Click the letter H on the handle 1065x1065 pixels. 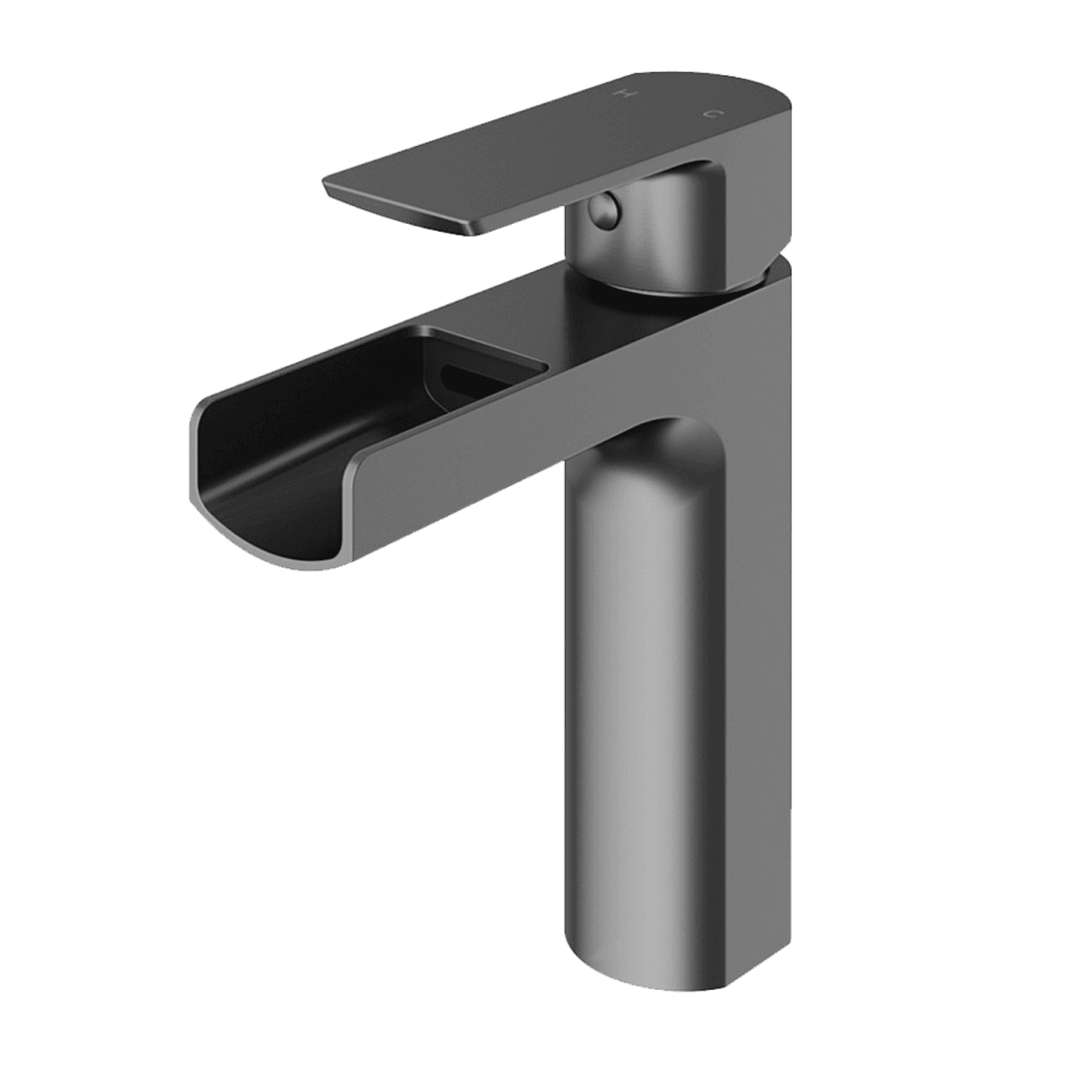623,94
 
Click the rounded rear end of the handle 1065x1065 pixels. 779,99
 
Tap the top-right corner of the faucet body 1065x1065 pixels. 784,264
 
